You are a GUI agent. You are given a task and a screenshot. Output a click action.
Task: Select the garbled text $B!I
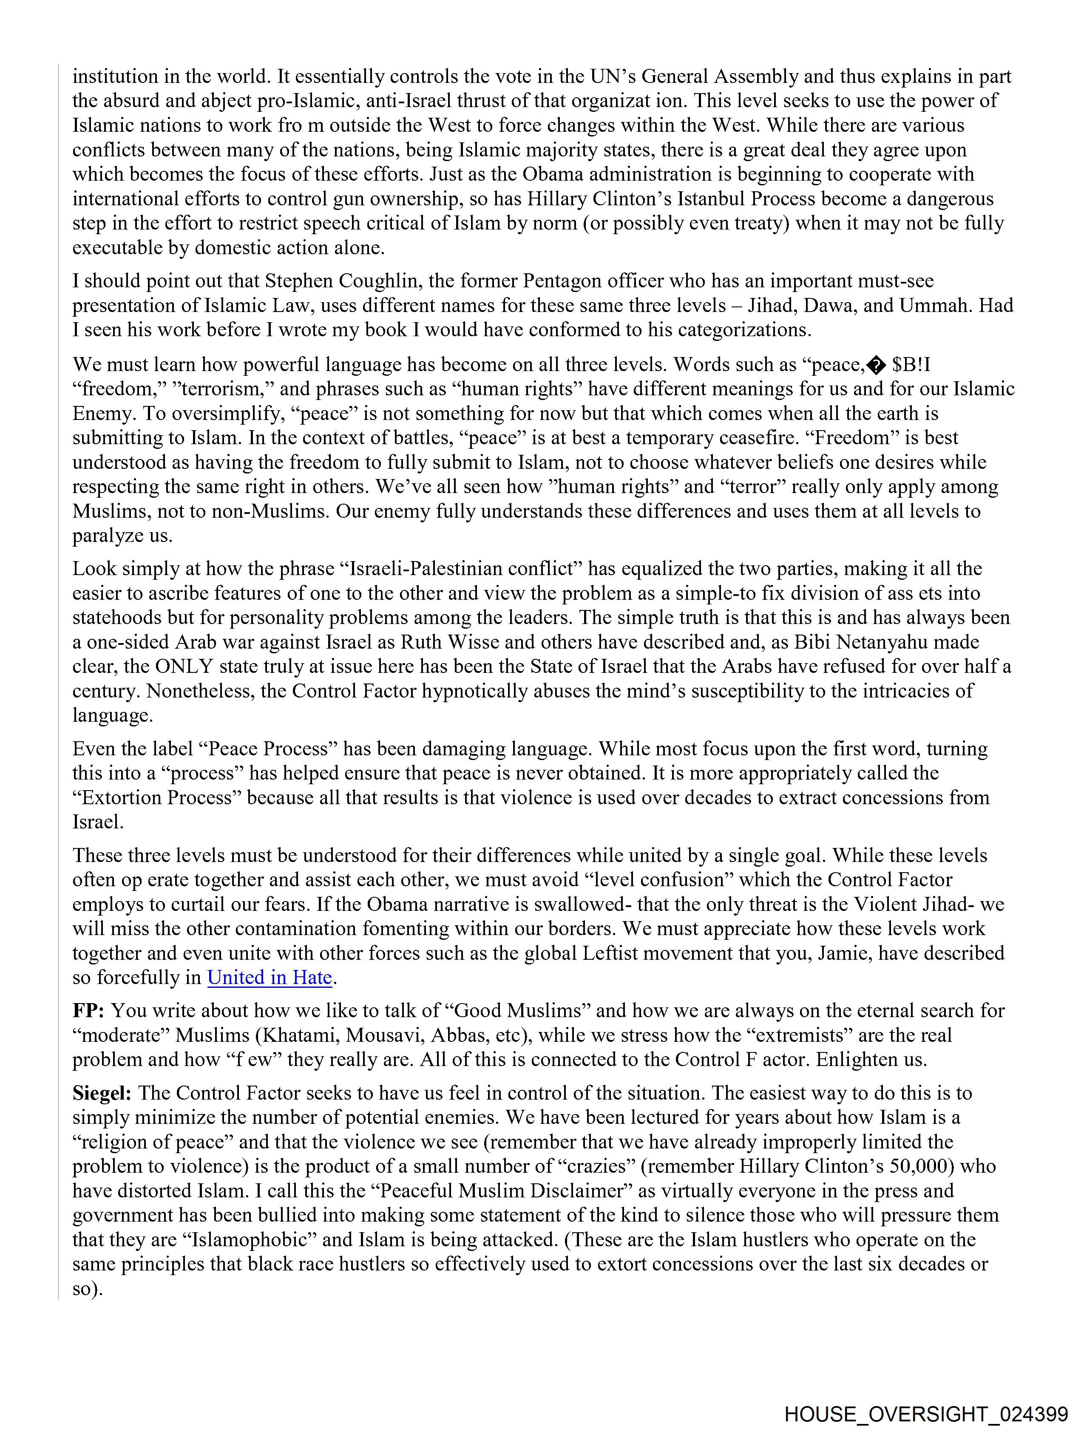tap(911, 365)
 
